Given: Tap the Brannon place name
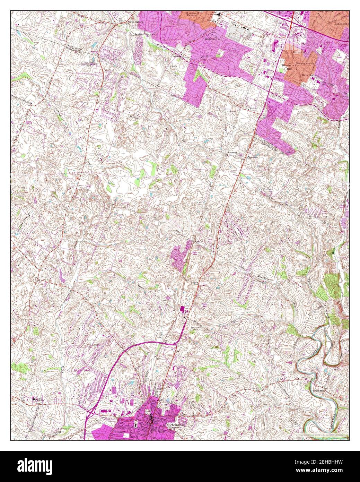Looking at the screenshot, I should tap(232, 152).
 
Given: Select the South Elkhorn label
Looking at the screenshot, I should tap(135, 23).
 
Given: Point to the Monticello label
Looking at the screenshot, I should tap(210, 39).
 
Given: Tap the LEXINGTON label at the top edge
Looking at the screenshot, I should tap(326, 11).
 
